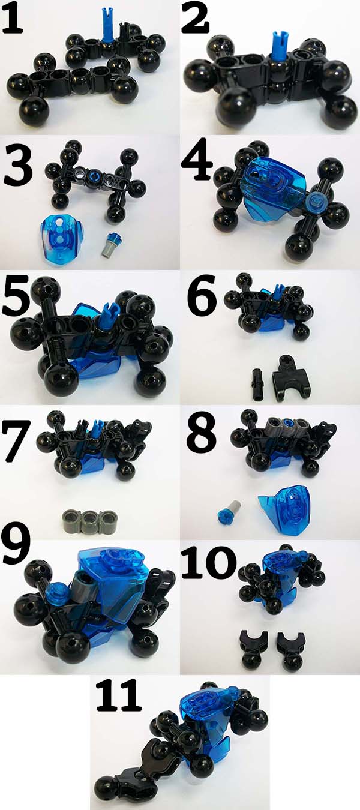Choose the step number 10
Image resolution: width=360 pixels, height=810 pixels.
[209, 562]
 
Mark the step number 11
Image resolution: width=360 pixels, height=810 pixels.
[118, 694]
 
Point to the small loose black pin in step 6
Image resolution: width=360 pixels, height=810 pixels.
[259, 383]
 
